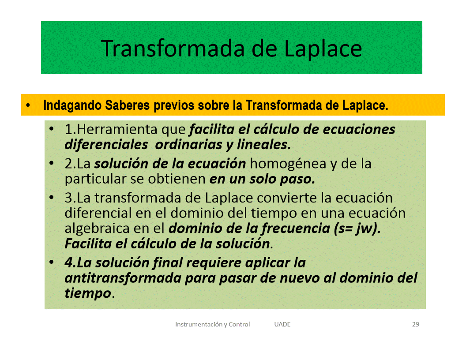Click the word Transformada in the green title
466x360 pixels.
(x=173, y=49)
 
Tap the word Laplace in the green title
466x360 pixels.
(x=323, y=49)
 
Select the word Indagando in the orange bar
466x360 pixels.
(x=72, y=105)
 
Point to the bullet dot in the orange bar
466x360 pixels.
(x=28, y=105)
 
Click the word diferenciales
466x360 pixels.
(x=106, y=145)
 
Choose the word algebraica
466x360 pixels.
(x=97, y=229)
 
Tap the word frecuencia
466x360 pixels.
(x=296, y=229)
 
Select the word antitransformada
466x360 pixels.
(x=123, y=278)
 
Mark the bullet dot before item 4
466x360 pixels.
(x=52, y=262)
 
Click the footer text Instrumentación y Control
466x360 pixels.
(x=213, y=324)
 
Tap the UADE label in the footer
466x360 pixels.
(x=282, y=324)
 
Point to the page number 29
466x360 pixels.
(x=416, y=324)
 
